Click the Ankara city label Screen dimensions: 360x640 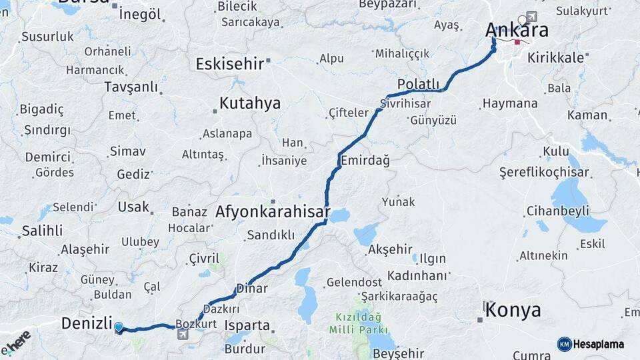517,30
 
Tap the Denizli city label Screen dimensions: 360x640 86,324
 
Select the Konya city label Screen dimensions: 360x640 513,310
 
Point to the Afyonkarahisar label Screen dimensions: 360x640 273,213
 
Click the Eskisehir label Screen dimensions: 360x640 230,63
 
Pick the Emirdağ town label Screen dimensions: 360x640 365,161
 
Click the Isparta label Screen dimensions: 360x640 247,326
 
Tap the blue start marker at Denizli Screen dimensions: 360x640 119,327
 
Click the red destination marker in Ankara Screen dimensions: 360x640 517,42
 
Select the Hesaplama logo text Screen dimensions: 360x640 597,344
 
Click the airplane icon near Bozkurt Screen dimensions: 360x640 183,334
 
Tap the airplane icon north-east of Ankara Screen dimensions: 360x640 531,17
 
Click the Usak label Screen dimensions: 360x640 133,207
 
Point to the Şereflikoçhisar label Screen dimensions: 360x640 544,173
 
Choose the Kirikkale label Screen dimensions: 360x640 555,58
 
